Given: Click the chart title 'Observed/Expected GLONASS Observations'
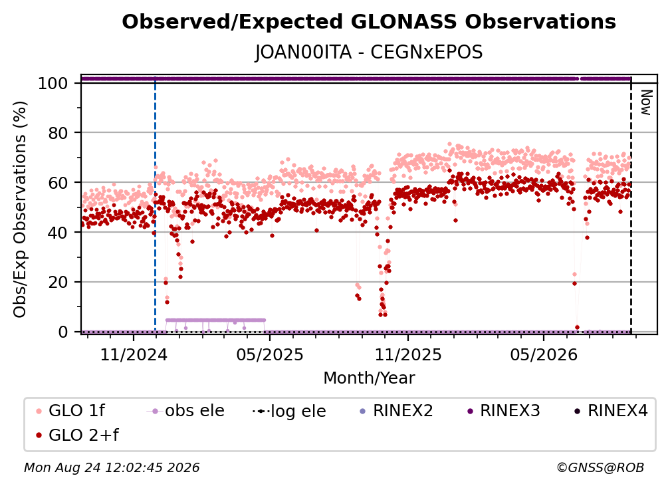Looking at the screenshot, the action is (369, 22).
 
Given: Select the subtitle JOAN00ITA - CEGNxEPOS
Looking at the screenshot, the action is (369, 53).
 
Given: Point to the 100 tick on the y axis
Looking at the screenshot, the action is (53, 83).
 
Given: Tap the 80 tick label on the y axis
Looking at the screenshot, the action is (58, 134).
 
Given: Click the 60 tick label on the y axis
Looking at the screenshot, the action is (58, 183).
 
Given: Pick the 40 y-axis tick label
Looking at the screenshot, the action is (58, 233).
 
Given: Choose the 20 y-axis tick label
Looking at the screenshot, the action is (58, 283).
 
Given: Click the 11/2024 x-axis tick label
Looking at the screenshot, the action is (134, 354).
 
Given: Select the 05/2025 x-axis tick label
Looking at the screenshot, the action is (270, 354).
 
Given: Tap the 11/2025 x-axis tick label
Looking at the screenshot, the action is (408, 354).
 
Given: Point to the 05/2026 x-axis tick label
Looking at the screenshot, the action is (544, 354).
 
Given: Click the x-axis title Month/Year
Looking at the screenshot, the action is (369, 378).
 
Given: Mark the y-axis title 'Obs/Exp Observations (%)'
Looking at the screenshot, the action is (20, 209).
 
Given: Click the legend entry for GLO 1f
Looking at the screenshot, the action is (70, 411).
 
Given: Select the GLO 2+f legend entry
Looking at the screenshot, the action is (77, 435).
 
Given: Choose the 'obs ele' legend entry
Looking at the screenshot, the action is (185, 411).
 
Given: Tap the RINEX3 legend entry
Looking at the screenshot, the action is (503, 411).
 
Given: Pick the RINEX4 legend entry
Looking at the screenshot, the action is (611, 411).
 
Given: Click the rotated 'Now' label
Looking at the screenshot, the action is (645, 102).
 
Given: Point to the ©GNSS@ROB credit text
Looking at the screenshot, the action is (600, 467).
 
